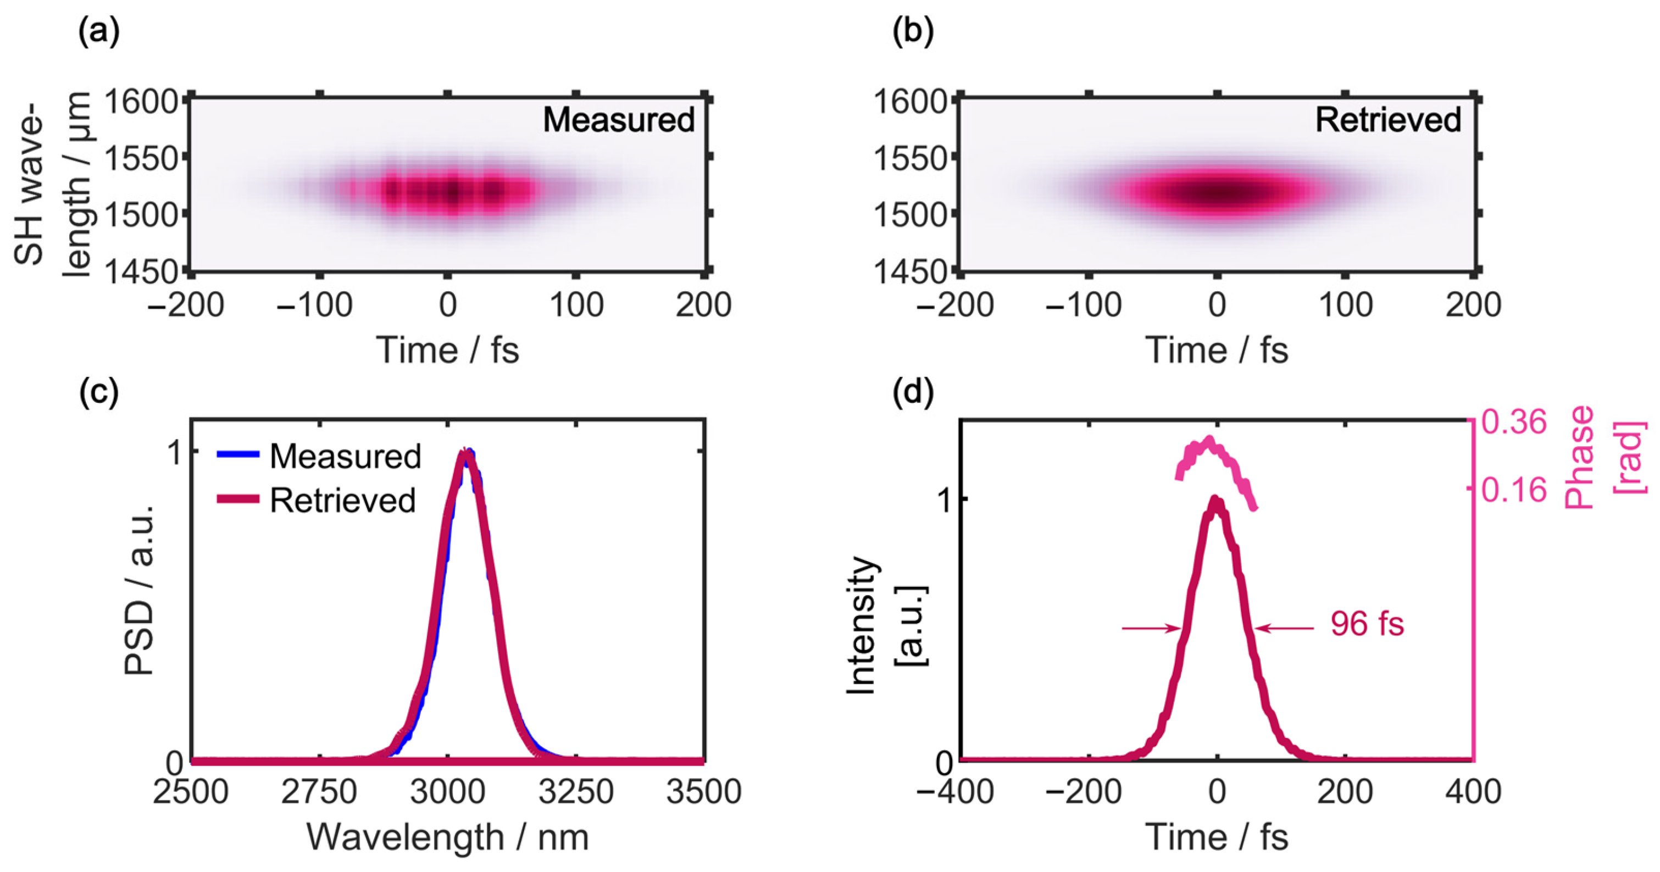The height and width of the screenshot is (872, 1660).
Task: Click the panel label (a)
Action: (98, 31)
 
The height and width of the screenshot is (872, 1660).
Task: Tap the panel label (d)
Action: (913, 392)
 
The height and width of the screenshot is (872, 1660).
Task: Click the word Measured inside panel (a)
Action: (618, 120)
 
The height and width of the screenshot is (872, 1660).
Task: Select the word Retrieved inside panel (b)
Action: (1387, 120)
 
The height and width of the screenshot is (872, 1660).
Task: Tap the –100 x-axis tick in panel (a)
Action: (314, 305)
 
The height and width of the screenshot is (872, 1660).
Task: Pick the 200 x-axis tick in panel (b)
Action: (1473, 305)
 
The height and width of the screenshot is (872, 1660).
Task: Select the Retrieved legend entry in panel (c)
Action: (317, 500)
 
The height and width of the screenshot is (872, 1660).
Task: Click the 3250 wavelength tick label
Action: (575, 791)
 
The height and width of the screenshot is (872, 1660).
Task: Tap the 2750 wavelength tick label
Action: (318, 791)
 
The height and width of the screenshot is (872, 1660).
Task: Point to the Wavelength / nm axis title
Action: (447, 837)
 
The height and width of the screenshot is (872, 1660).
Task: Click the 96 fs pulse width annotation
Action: (1367, 624)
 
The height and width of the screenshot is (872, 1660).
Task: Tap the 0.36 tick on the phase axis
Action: (1513, 422)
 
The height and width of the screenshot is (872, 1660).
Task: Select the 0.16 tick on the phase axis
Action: (1513, 490)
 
